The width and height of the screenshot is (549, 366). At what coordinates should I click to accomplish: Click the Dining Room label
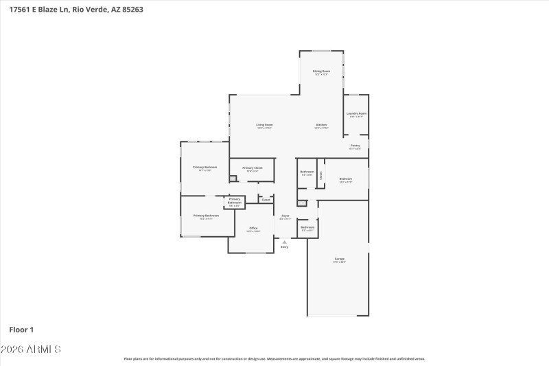[321, 71]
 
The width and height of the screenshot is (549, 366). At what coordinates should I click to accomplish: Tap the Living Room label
[265, 125]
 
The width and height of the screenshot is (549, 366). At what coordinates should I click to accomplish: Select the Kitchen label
[321, 125]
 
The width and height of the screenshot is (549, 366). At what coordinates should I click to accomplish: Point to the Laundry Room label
[356, 113]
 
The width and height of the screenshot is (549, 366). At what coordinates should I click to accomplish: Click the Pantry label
[355, 146]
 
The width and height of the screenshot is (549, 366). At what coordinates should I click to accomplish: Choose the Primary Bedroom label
[205, 168]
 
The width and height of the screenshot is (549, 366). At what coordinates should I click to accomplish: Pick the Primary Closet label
[253, 168]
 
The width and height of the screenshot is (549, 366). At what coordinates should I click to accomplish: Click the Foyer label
[285, 216]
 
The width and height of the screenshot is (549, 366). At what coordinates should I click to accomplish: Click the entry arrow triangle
[284, 242]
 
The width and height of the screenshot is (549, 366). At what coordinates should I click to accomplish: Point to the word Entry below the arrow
[284, 247]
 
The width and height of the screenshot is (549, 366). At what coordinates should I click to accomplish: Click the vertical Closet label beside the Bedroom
[320, 175]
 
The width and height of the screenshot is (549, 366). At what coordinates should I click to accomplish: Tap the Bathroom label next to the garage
[307, 227]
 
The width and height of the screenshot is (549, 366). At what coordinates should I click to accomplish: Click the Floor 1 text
[21, 330]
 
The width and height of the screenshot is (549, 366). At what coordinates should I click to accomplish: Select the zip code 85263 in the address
[131, 10]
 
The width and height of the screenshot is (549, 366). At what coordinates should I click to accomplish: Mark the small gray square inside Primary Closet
[233, 179]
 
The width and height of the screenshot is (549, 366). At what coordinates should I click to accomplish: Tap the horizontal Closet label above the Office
[266, 200]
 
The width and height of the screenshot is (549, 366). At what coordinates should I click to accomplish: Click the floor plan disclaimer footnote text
[274, 358]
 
